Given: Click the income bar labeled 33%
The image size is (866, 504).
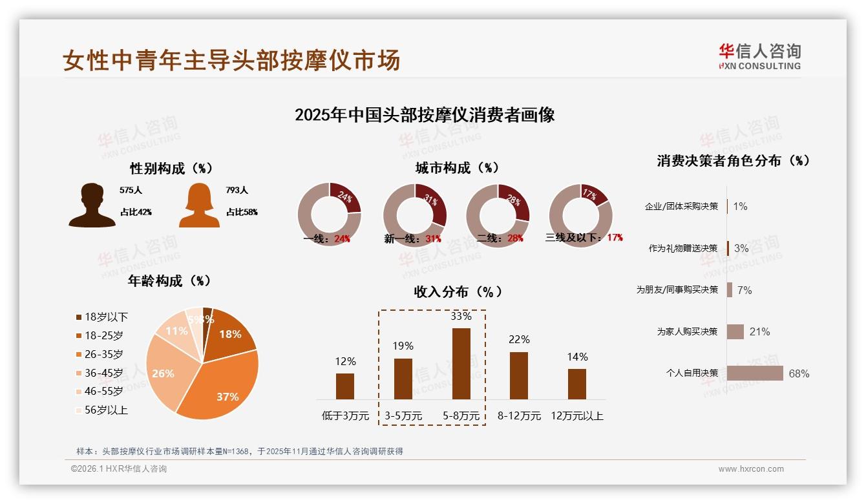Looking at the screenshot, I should coord(461,363).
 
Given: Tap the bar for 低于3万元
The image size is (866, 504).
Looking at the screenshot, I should coord(345,386).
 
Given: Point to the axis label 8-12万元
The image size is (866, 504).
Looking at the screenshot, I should coord(519,416).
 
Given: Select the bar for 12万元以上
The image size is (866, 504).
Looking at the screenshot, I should coord(577,384).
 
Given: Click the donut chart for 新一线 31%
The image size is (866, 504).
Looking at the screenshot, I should coord(414,215).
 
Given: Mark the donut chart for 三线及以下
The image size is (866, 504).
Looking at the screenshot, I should coord(580,215).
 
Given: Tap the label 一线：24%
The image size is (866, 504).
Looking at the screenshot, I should coord(327,238).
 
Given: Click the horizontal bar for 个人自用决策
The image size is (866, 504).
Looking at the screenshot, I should coord(755,373).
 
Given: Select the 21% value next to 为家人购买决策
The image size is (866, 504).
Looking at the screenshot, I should coord(759,331).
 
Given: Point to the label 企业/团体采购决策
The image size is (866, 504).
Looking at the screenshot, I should coord(681,206).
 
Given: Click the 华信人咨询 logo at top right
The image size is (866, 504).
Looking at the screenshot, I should coord(759,56).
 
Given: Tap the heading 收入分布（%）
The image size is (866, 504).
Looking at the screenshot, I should coord(458,292).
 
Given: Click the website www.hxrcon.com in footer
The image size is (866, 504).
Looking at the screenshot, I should coord(751,469).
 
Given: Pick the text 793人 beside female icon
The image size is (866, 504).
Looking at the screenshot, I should coord(237,191).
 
